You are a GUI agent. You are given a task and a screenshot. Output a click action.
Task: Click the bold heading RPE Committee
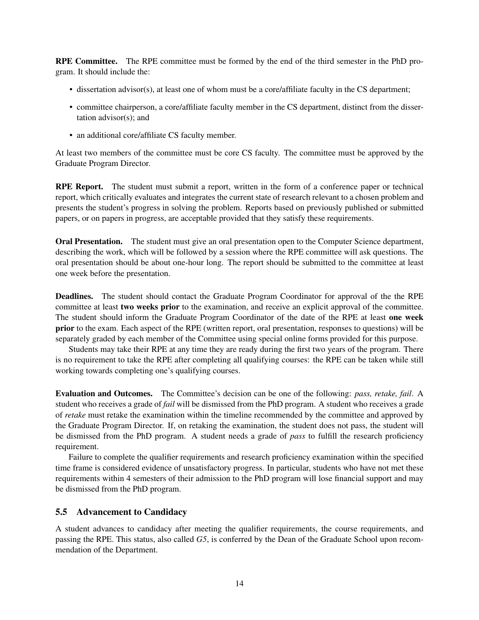86,61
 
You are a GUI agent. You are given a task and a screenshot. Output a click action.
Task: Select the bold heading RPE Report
79,187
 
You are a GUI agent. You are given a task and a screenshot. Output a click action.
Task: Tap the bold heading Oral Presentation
89,241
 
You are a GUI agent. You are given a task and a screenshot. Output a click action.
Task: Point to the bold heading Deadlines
74,296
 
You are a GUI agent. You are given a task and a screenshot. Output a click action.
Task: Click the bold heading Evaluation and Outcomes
104,394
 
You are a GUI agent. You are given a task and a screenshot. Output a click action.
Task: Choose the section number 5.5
62,512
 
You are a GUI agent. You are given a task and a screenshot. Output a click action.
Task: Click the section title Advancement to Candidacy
131,512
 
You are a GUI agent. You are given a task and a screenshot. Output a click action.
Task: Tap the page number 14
239,583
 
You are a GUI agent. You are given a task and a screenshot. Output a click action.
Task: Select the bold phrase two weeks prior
150,307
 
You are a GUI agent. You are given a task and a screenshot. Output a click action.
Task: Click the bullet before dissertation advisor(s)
71,90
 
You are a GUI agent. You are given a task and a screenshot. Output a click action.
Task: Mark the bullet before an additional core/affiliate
71,135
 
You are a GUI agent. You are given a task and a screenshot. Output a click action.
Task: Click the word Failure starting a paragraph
80,457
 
